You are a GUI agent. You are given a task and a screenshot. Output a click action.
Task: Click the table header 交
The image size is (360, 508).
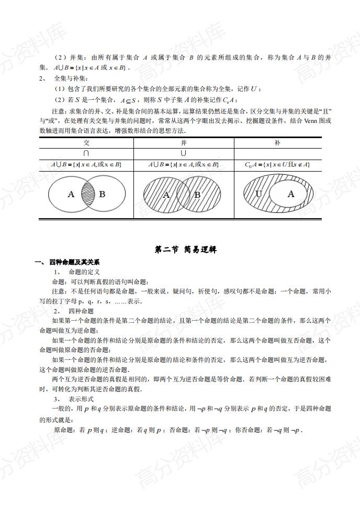click(x=86, y=143)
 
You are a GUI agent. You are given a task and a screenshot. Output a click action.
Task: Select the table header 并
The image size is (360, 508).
click(x=184, y=143)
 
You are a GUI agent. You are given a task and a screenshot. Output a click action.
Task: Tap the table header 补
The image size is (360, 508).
click(x=277, y=143)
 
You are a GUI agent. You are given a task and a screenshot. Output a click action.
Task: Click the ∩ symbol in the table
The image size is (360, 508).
click(x=86, y=153)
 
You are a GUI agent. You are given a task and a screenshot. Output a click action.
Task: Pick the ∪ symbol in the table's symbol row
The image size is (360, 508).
click(x=184, y=153)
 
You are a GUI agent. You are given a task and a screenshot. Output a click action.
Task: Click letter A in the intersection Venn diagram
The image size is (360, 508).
click(x=71, y=194)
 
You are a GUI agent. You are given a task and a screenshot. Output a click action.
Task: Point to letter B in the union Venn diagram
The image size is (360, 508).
click(x=197, y=195)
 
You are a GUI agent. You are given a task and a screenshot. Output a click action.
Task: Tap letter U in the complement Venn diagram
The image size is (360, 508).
click(x=258, y=194)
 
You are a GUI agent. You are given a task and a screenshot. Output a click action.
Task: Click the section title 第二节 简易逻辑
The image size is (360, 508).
click(x=179, y=250)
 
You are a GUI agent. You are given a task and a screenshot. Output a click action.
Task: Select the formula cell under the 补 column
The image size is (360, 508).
click(x=277, y=164)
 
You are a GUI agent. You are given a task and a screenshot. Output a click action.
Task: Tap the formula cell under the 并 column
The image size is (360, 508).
click(x=184, y=164)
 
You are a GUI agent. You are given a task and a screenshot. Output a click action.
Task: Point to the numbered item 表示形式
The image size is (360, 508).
click(x=81, y=399)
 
